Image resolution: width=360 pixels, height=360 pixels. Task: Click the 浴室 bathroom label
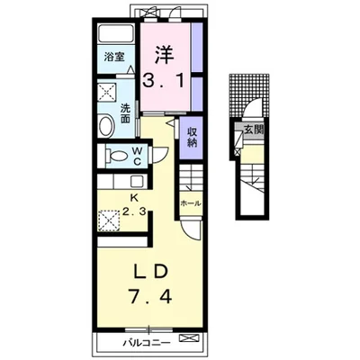coord(114,57)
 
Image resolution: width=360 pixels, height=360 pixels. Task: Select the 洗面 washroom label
coord(125,113)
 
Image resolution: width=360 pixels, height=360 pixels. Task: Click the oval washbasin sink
coord(106,127)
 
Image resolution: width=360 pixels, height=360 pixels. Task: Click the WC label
coord(137,156)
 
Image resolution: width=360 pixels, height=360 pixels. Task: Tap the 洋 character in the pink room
coord(165,55)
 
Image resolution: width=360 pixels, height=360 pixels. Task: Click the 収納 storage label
coord(193,137)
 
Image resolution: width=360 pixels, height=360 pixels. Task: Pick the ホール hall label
coord(190,203)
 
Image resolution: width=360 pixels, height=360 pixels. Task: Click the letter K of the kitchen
coord(134,197)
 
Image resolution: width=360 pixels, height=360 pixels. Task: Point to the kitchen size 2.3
coord(134,212)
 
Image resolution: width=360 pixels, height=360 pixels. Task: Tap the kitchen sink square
coord(137,182)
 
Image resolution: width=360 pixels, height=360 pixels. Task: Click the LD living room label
coord(150,273)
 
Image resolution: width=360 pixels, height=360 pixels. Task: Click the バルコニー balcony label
coord(147,343)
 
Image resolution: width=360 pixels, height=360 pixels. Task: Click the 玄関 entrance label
coord(254,130)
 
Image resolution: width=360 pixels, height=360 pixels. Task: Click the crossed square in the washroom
coord(107,92)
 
